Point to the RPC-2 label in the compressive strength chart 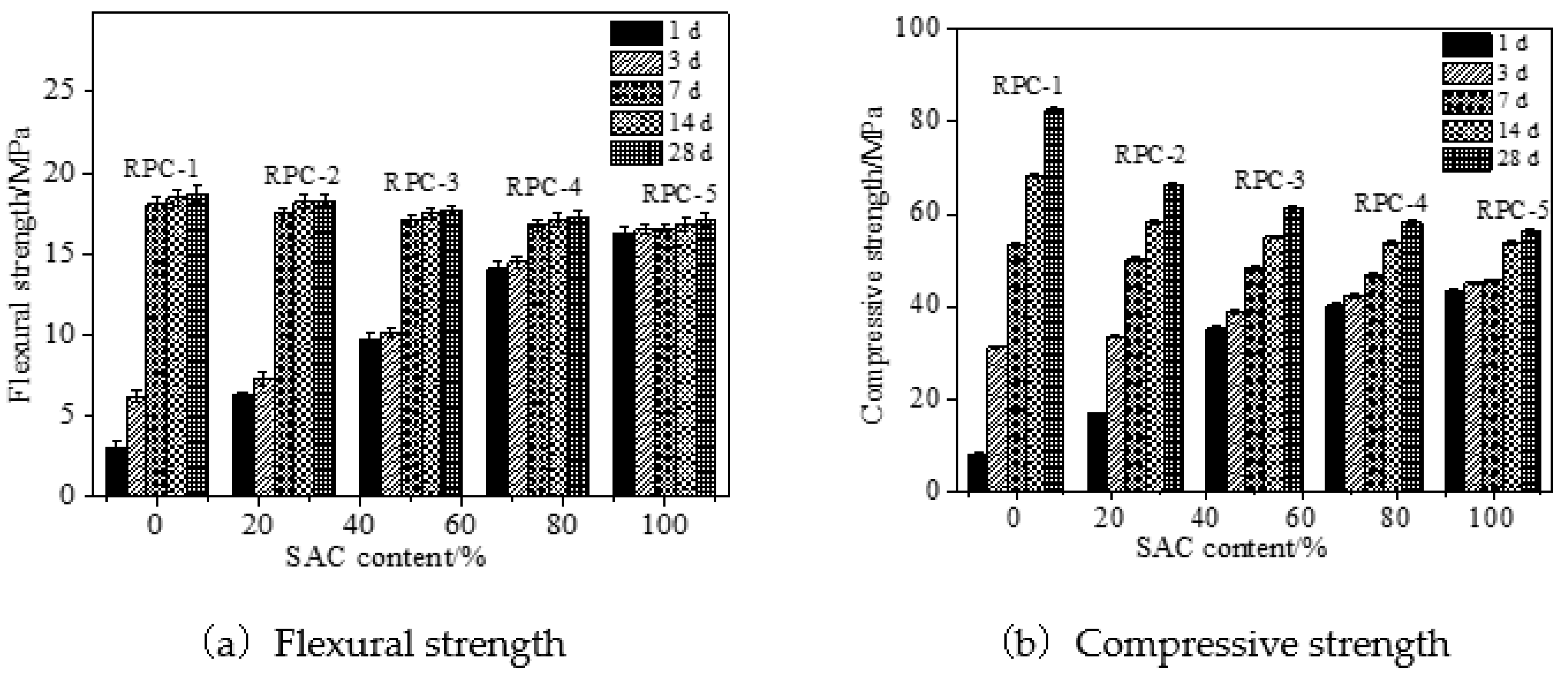pos(1150,156)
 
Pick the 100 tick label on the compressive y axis pos(918,28)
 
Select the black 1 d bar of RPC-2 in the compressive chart pos(1097,451)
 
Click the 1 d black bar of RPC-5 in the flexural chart pos(624,363)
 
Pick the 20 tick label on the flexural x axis pos(257,524)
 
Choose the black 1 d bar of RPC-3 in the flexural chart pos(370,416)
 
